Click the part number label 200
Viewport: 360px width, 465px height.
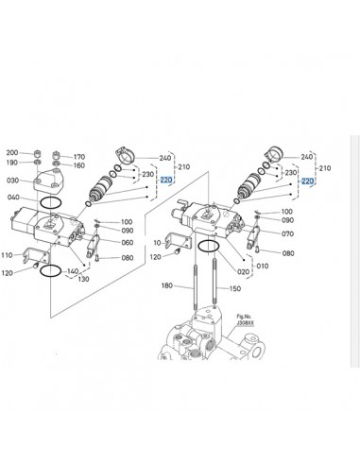12,152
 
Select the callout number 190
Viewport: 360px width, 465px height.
12,163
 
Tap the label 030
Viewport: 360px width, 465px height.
12,180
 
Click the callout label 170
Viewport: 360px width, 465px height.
79,156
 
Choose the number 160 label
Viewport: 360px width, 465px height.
79,165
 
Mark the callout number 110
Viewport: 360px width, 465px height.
7,255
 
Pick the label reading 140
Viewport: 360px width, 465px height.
73,271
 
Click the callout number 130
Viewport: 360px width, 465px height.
84,280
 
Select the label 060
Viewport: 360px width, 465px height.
128,242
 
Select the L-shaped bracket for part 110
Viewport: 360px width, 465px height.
34,255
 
